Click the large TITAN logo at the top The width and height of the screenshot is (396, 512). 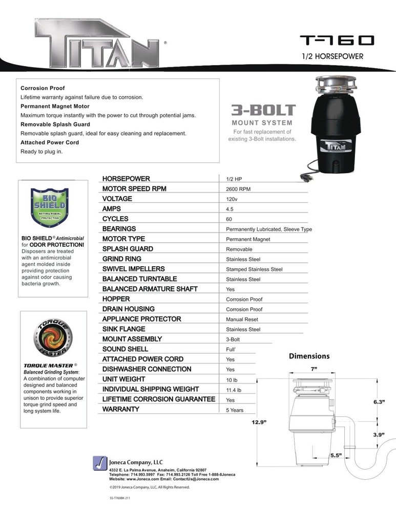click(x=97, y=42)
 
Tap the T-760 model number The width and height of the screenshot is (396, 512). click(x=337, y=40)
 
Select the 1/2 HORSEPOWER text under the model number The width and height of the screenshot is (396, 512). click(x=332, y=56)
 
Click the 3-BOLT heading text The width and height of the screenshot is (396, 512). click(x=263, y=110)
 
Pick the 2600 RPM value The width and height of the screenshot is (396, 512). click(x=238, y=189)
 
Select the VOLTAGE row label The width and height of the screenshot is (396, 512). click(x=117, y=199)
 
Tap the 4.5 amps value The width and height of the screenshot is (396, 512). click(x=230, y=209)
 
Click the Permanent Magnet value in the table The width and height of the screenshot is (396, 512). click(x=248, y=239)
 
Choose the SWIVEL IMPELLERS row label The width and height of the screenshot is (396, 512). click(x=133, y=269)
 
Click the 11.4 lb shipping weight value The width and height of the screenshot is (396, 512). click(x=234, y=390)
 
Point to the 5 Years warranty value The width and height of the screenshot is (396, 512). click(x=235, y=410)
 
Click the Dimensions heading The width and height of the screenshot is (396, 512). click(x=309, y=356)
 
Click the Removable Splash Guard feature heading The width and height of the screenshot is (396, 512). click(x=55, y=124)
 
